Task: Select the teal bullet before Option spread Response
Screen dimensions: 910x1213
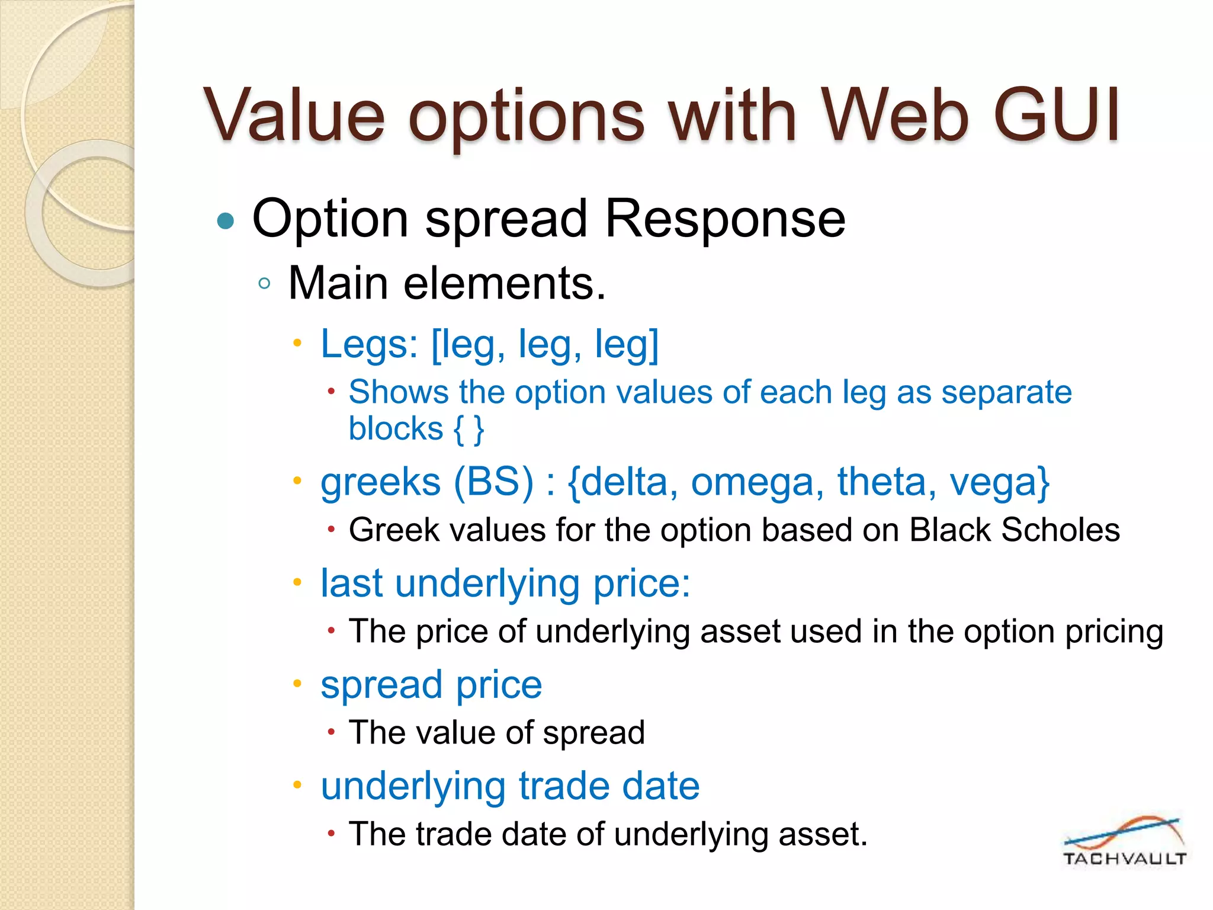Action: coord(226,222)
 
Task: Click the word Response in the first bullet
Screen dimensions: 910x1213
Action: coord(725,219)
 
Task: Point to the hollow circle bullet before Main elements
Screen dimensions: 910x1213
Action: coord(265,283)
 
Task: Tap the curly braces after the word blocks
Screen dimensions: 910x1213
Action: coord(469,429)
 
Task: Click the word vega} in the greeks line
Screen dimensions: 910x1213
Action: coord(999,482)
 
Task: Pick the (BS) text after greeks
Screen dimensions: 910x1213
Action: coord(493,482)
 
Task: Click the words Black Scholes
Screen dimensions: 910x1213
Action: coord(1014,530)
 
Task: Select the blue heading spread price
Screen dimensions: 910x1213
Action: coord(431,685)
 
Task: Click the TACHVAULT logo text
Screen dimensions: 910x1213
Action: coord(1124,858)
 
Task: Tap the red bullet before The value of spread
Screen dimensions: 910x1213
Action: coord(332,733)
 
